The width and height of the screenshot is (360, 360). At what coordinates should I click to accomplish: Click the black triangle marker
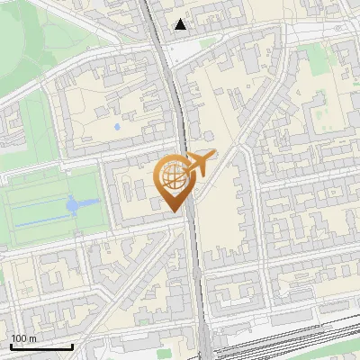click(181, 24)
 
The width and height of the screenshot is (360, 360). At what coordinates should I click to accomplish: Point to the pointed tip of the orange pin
click(173, 210)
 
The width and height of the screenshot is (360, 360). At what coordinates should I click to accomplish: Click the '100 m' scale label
click(24, 338)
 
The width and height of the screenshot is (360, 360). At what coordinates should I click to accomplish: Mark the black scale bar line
click(41, 346)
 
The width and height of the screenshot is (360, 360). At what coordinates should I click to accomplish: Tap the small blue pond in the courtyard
click(116, 127)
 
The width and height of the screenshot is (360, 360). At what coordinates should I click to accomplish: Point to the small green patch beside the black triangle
click(208, 40)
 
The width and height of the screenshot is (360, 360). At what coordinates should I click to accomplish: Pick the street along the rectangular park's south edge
click(54, 246)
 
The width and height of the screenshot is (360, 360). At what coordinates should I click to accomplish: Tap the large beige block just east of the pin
click(220, 216)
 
